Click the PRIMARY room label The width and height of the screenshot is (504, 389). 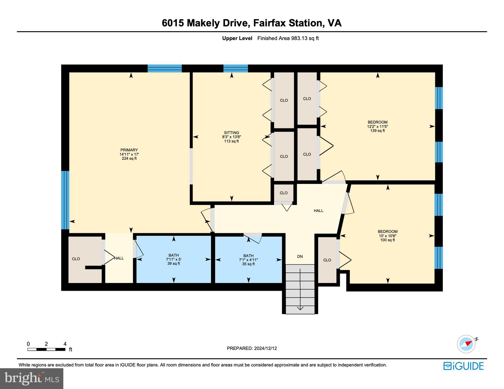coord(129,150)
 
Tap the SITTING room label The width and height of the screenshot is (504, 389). coord(231,132)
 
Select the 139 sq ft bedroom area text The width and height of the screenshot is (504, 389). coord(377,131)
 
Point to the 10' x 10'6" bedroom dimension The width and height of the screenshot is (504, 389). coord(387,236)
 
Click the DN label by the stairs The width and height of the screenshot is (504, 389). coord(300,256)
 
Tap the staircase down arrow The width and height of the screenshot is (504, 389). coord(300,308)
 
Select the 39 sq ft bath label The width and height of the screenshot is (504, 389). coord(173,263)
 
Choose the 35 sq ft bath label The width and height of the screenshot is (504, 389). coord(248,264)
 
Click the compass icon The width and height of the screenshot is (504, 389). coord(466,344)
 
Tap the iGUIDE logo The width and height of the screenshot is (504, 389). coord(463,366)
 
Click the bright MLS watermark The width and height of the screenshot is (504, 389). coord(31,378)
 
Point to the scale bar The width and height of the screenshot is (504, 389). coord(46,349)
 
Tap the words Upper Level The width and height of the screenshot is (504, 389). coord(237,38)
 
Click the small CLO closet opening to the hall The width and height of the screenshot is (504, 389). coord(283,193)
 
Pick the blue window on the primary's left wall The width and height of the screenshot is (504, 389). coord(65,200)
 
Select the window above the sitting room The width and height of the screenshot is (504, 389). coord(235,68)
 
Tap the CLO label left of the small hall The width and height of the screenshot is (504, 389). coord(76,259)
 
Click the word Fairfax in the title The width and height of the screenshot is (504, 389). coord(269,23)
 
